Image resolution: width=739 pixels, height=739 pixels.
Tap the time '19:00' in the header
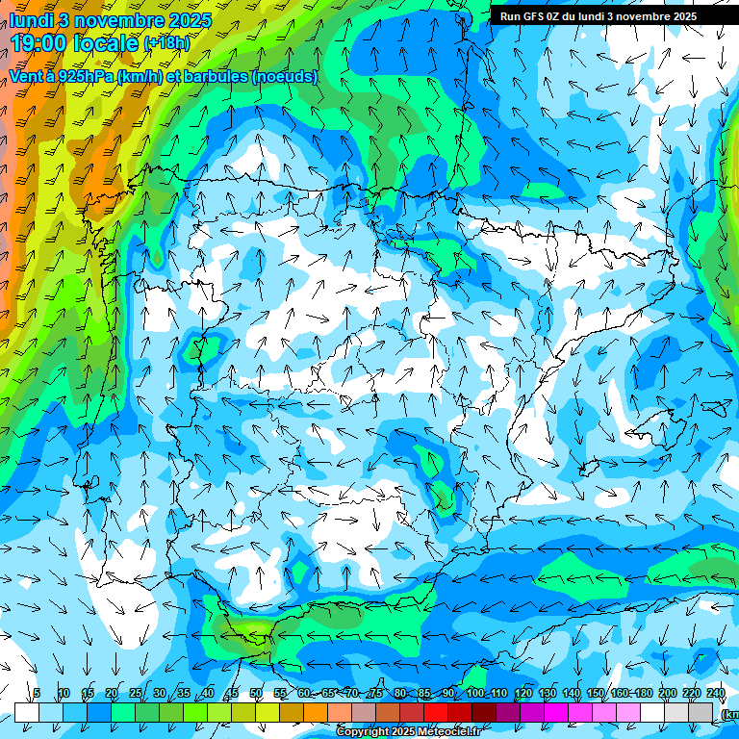(41, 43)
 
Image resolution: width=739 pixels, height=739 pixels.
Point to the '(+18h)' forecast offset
(166, 43)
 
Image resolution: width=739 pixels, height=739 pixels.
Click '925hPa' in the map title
(82, 76)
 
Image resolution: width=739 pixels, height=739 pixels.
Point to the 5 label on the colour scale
(37, 693)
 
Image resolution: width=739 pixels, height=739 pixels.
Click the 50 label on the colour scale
(256, 693)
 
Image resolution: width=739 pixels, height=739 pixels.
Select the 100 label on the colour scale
(474, 693)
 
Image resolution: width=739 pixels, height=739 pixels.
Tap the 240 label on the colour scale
(715, 693)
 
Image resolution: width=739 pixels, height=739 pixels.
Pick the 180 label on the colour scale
(643, 693)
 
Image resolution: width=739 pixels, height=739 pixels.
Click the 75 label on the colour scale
(376, 693)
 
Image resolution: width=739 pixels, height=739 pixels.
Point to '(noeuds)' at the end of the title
(285, 76)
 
